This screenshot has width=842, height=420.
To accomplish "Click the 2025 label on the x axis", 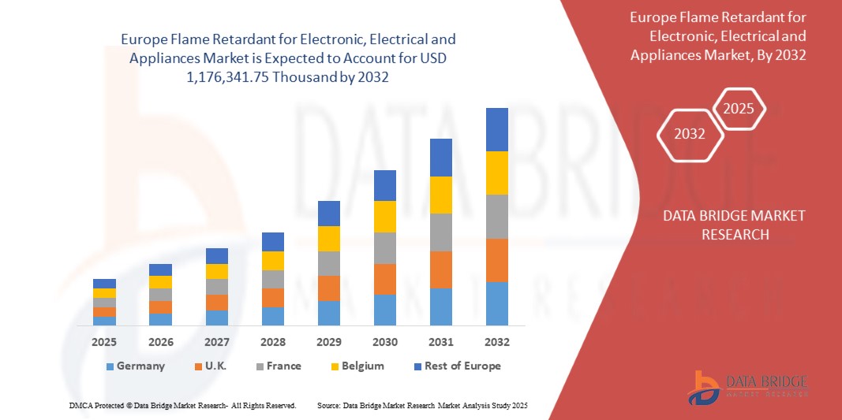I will click(104, 342).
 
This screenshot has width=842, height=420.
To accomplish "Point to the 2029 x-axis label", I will click(329, 342).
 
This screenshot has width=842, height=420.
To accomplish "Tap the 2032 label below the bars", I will click(497, 342).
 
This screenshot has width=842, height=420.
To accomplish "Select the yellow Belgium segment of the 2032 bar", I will click(497, 173).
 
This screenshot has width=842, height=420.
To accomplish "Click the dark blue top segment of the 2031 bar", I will click(441, 158).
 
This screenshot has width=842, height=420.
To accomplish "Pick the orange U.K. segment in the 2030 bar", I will click(385, 279).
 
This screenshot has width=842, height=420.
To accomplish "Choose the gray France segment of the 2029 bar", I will click(329, 263).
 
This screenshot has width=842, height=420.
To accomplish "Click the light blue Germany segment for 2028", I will click(273, 316).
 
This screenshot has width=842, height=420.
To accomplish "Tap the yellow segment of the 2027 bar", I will click(217, 271).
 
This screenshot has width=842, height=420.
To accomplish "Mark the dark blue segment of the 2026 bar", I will click(160, 269).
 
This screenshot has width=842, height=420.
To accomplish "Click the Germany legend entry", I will click(135, 366).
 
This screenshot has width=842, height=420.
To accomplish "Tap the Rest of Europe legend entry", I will click(456, 366).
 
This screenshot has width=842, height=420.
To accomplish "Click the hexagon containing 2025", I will click(739, 109).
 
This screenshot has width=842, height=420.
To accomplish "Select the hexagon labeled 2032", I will click(690, 134).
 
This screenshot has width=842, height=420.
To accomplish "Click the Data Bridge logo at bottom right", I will click(747, 388).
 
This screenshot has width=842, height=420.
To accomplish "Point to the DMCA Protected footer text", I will click(181, 405).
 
